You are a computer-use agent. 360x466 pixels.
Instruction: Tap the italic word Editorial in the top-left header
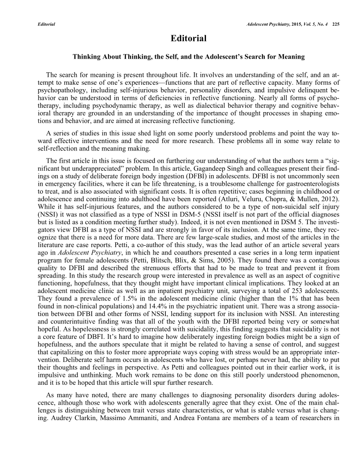[x=46, y=23]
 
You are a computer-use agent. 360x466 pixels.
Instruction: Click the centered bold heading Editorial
[x=188, y=39]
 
